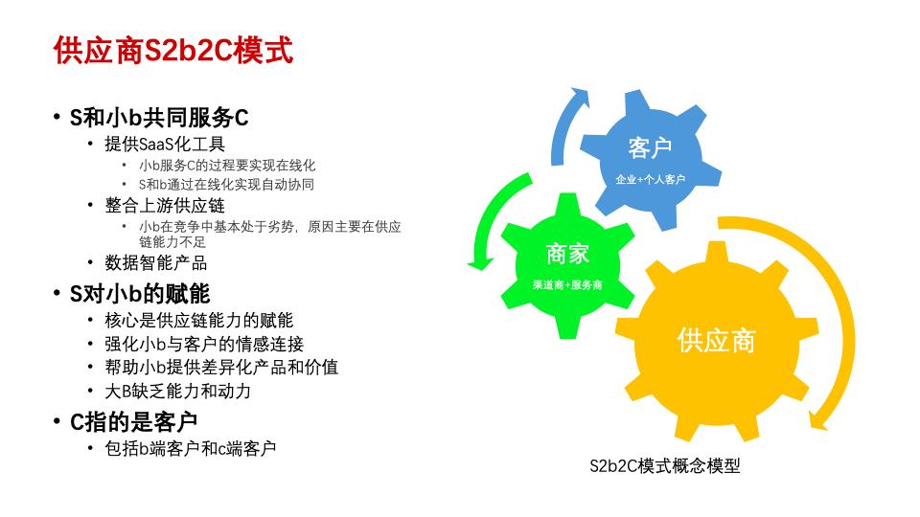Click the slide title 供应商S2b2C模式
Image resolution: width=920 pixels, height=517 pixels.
pos(173,51)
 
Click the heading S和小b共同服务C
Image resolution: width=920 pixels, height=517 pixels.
pos(159,118)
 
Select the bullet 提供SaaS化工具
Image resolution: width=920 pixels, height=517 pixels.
pos(165,146)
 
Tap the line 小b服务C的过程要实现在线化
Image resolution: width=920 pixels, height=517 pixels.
pos(227,166)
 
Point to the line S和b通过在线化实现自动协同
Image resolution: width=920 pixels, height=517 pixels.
pos(226,185)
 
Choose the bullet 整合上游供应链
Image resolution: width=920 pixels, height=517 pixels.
pos(165,205)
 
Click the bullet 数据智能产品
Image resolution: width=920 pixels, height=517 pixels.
pos(156,263)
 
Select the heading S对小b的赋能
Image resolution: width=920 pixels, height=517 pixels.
pos(140,293)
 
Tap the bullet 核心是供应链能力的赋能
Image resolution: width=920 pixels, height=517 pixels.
pos(199,321)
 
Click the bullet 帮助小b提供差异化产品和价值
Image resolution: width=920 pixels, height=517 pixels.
pos(221,368)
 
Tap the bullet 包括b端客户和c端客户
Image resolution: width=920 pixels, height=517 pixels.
pos(191,448)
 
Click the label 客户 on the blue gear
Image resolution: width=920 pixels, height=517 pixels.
pos(650,148)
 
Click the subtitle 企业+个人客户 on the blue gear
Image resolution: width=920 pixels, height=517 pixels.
pos(650,179)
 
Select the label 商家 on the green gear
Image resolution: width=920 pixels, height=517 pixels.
pos(567,254)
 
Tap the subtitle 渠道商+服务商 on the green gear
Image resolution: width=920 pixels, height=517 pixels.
pos(567,285)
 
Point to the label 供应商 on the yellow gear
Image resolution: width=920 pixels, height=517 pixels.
pos(716,340)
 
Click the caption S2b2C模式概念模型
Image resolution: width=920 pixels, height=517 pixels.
pos(665,467)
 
